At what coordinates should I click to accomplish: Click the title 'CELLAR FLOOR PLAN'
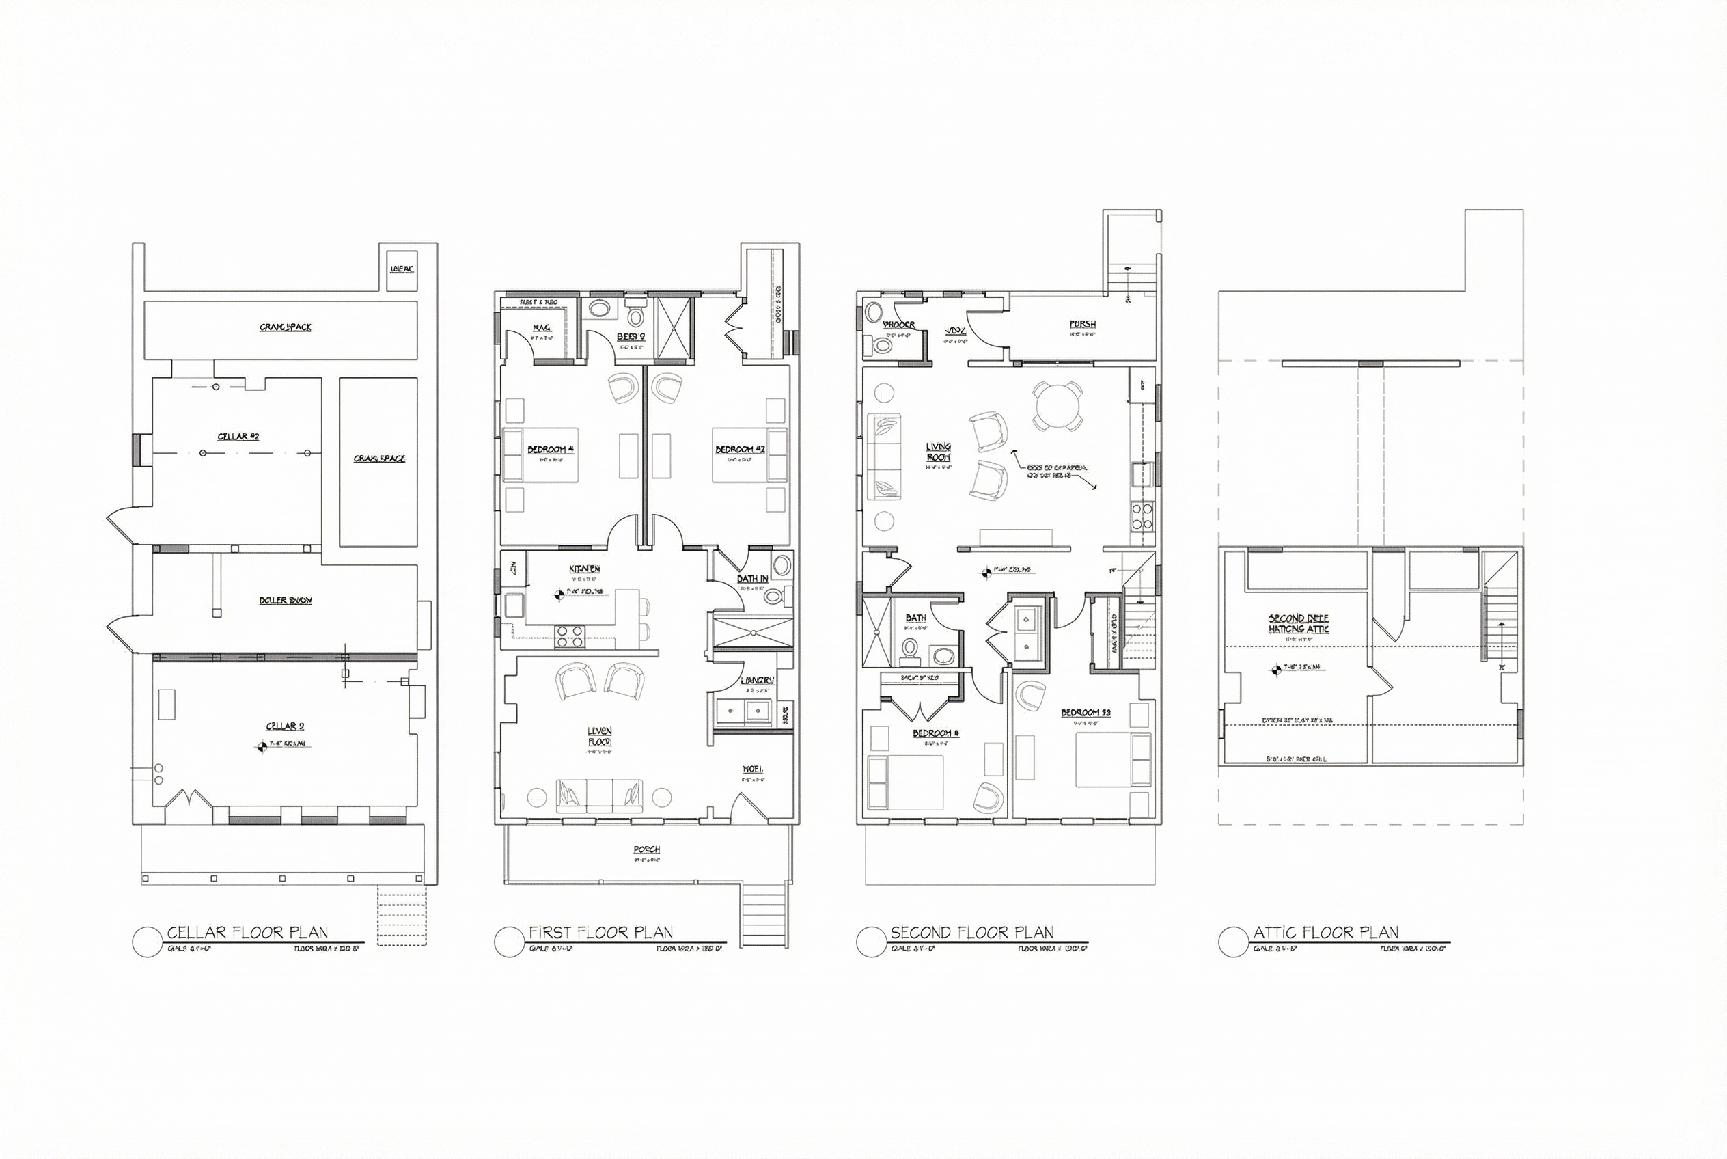coord(247,932)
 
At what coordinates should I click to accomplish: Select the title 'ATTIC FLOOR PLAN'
coord(1326,932)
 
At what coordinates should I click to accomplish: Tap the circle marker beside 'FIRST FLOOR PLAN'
coord(508,942)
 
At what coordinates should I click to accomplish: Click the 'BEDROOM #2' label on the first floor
coord(740,450)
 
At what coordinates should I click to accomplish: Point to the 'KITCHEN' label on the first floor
coord(585,569)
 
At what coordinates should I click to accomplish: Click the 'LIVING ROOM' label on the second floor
coord(939,452)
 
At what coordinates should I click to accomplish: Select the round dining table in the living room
coord(1058,405)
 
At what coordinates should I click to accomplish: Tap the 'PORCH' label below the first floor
coord(647,850)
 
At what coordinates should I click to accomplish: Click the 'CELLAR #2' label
coord(238,437)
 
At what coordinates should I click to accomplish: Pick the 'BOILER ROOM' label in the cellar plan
coord(286,600)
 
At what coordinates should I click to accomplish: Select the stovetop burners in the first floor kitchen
coord(570,637)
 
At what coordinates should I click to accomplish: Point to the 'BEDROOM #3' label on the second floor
coord(1086,713)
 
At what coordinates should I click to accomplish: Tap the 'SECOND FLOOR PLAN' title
coord(971,932)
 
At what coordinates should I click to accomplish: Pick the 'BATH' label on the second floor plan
coord(915,618)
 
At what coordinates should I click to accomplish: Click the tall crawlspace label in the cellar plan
coord(379,459)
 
